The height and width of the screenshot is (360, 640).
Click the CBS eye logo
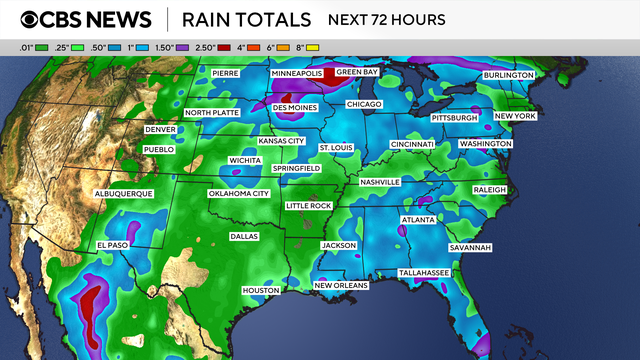point(33,20)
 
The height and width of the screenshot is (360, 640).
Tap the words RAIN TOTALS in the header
point(249,20)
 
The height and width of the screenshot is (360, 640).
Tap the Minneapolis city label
point(297,74)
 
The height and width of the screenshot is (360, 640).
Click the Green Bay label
point(358,73)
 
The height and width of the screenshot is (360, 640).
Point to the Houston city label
point(260,290)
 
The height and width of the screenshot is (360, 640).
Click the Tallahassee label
point(423,272)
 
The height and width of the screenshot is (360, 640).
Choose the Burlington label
point(508,75)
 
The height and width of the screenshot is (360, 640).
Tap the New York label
point(516,116)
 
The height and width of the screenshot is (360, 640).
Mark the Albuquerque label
point(122,192)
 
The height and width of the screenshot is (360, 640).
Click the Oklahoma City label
point(239,193)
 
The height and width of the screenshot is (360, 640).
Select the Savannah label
point(469,247)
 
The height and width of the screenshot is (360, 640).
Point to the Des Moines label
point(296,107)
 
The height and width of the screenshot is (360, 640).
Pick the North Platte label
point(211,112)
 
